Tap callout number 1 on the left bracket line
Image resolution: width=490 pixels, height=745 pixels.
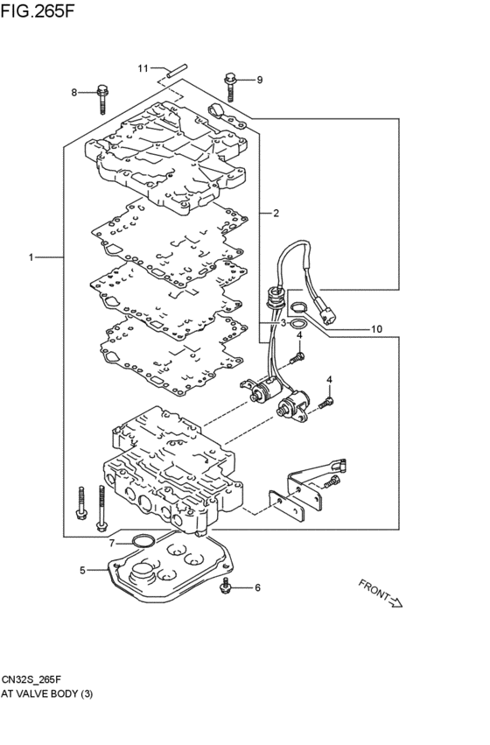(31, 257)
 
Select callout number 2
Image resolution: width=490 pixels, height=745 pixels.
(276, 213)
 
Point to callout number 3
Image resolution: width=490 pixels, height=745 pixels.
(283, 323)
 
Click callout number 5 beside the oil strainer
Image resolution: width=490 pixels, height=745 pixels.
(83, 570)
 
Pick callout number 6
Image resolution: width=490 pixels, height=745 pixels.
(257, 587)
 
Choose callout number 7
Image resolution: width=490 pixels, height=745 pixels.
(112, 543)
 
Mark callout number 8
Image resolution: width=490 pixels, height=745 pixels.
(74, 92)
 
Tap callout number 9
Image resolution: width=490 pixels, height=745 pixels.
(259, 81)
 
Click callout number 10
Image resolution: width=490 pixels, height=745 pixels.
(376, 329)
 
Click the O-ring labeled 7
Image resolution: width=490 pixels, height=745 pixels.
(143, 541)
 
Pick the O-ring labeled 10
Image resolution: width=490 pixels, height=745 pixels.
(298, 309)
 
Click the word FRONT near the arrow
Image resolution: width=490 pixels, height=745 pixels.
(374, 590)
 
